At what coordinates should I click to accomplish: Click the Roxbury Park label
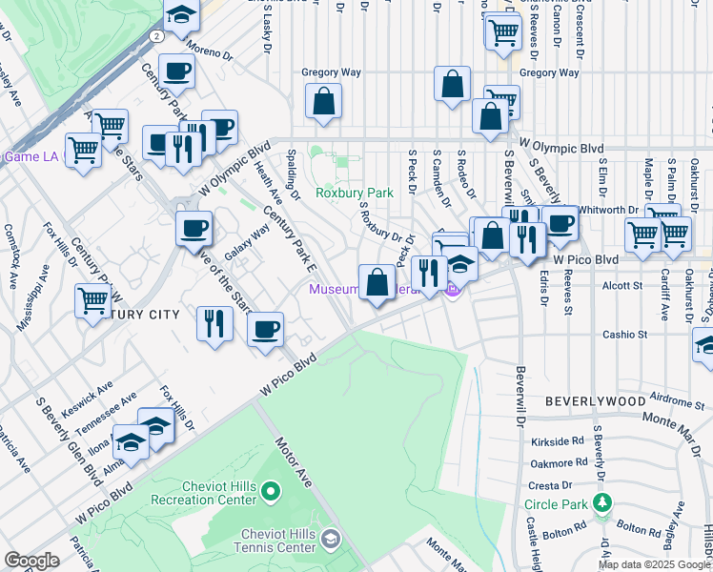pyautogui.click(x=355, y=193)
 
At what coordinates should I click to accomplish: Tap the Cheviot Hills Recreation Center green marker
pyautogui.click(x=271, y=493)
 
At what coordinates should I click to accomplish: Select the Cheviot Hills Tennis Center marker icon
pyautogui.click(x=330, y=541)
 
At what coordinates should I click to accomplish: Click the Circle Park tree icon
pyautogui.click(x=601, y=502)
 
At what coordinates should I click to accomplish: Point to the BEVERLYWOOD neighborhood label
pyautogui.click(x=595, y=402)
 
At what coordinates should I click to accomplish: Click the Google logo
pyautogui.click(x=31, y=561)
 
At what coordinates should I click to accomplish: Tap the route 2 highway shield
pyautogui.click(x=155, y=35)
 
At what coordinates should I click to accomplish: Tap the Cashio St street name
pyautogui.click(x=624, y=335)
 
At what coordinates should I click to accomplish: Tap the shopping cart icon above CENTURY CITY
pyautogui.click(x=93, y=301)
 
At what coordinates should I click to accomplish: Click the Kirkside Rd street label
pyautogui.click(x=558, y=442)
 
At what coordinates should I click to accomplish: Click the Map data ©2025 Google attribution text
pyautogui.click(x=654, y=564)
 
